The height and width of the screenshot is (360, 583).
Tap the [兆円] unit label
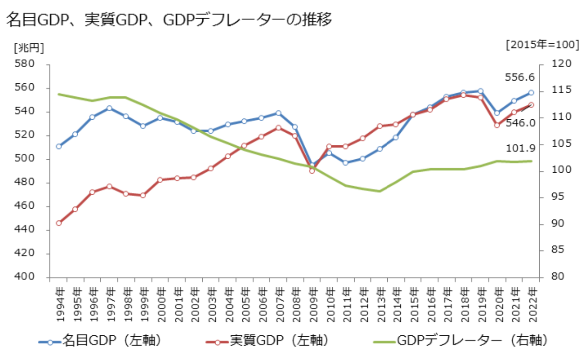(29, 47)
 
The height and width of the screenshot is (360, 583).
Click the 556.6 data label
(520, 78)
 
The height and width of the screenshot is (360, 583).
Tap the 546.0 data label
(521, 123)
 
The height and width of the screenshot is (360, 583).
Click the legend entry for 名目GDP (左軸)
(100, 341)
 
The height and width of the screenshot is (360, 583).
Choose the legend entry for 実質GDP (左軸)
(267, 341)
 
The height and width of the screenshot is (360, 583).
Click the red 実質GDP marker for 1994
(59, 223)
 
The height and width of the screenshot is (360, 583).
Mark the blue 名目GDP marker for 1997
(109, 108)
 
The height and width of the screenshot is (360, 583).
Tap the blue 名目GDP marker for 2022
(531, 92)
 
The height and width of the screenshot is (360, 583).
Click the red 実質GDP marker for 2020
(497, 125)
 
